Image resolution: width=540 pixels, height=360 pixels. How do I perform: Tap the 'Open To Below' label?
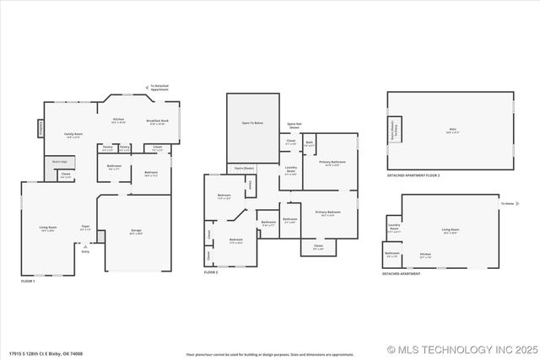point(252,123)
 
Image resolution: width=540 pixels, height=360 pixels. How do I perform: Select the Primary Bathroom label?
point(332,162)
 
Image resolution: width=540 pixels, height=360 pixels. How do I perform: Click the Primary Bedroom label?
point(328,212)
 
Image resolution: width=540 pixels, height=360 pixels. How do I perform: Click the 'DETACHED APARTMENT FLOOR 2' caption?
point(413,175)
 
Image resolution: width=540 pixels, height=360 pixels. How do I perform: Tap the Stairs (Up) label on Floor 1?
point(60,160)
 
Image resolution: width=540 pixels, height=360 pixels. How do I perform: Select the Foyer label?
point(85,226)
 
